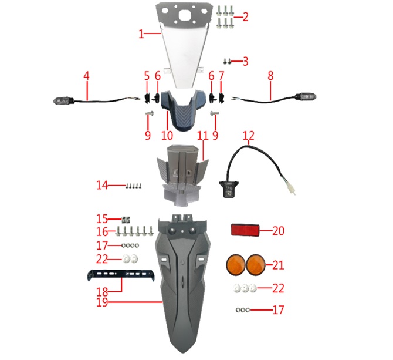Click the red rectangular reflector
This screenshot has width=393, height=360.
[245, 230]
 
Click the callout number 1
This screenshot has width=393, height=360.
[141, 34]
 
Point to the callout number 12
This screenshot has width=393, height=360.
[248, 136]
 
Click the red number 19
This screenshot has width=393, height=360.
[102, 302]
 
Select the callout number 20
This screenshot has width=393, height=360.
[278, 231]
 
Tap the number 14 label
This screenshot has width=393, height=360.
[102, 186]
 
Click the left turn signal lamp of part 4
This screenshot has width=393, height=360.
[64, 101]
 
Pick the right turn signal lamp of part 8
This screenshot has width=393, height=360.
[306, 97]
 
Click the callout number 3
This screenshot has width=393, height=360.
[245, 62]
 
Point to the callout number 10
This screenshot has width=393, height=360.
[167, 136]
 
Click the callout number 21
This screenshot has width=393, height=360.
[278, 265]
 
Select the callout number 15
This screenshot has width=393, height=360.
[102, 219]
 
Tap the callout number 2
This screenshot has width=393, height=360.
[245, 17]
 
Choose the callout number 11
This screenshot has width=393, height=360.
[203, 136]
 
